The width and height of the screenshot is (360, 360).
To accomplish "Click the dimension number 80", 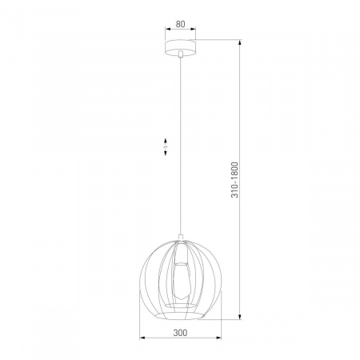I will click(181, 24).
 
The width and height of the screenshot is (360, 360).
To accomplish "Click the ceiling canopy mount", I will click(181, 46).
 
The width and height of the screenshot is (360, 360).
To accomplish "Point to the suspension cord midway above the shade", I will click(181, 144).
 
